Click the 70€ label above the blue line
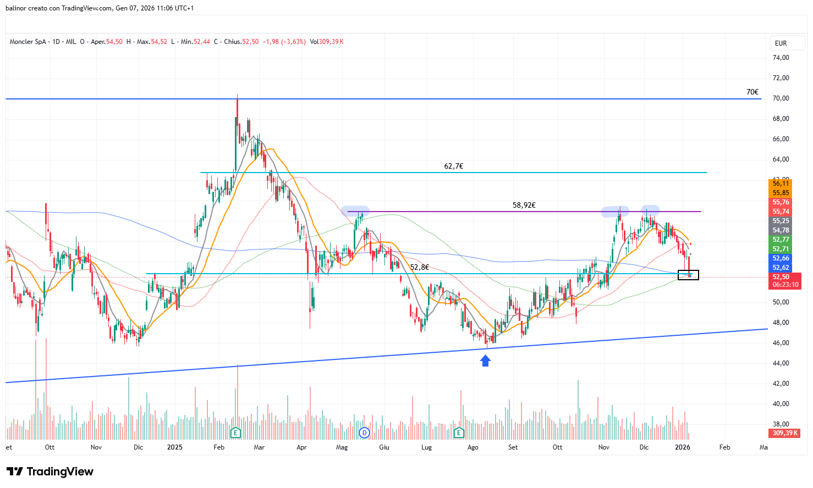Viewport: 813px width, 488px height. click(752, 92)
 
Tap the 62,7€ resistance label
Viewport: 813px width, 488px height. click(454, 166)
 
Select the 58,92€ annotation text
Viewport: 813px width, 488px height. click(524, 205)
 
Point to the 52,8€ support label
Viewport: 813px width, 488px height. click(420, 267)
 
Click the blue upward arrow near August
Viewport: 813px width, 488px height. click(485, 361)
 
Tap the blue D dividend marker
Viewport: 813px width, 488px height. click(364, 432)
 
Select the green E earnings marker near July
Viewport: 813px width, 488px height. click(459, 432)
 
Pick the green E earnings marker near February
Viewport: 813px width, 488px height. click(235, 432)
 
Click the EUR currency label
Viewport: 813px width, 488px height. click(781, 43)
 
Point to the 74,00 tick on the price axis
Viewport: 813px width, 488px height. click(781, 58)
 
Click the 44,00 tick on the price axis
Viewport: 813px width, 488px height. click(781, 363)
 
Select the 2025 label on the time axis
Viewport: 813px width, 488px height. click(174, 447)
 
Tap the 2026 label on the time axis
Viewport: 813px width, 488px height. click(682, 447)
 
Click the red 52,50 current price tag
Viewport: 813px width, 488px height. click(781, 277)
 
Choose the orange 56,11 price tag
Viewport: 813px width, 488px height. click(781, 184)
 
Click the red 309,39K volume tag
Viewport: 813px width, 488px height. click(784, 433)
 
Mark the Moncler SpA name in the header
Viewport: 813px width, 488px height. click(28, 42)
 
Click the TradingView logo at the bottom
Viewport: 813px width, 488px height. click(50, 472)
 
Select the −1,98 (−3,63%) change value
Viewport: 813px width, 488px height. click(284, 42)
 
